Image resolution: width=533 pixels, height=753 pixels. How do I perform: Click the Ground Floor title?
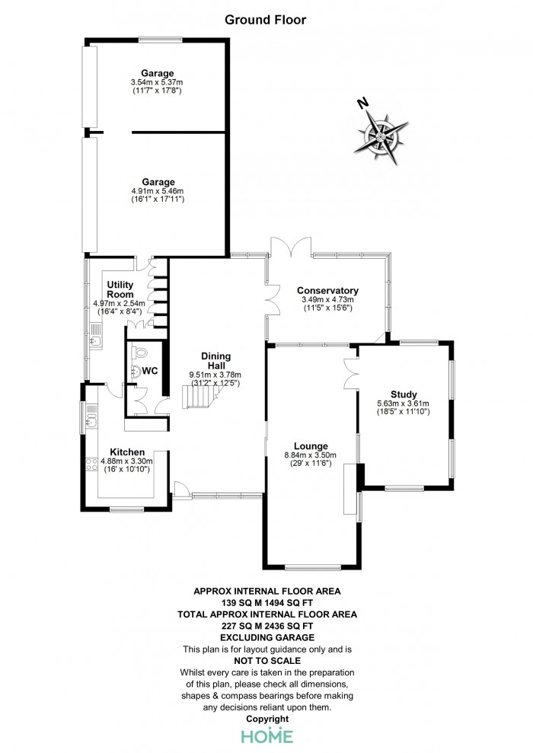click(265, 20)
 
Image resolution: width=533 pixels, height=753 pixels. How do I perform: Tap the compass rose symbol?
click(381, 137)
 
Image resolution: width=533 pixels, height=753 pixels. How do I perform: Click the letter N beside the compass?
click(363, 103)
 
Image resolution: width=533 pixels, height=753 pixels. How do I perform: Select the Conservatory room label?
click(327, 291)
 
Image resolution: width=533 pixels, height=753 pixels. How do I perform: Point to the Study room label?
click(404, 394)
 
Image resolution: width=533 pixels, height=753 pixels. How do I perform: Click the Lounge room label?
click(311, 446)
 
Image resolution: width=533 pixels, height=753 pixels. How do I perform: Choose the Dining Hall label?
click(215, 361)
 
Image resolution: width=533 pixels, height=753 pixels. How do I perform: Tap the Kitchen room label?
click(127, 452)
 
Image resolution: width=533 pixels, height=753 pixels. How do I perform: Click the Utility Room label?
click(120, 289)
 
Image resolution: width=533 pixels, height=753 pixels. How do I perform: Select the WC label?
click(150, 371)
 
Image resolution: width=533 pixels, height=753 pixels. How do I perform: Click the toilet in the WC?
click(139, 353)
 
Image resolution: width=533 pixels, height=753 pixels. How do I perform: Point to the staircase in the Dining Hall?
click(202, 396)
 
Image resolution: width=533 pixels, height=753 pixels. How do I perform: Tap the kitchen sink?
click(91, 421)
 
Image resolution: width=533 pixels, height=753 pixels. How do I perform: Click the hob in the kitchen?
click(91, 464)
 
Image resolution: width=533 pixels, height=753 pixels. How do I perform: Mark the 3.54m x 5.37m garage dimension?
click(157, 82)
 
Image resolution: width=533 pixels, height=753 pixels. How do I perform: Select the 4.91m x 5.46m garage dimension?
click(158, 191)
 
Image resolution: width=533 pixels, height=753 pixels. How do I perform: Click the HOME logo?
click(267, 735)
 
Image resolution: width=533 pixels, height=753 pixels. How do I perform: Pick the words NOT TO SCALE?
click(267, 661)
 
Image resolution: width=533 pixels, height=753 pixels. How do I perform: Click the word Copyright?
click(267, 719)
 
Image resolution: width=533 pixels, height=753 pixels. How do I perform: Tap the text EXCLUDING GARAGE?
click(267, 638)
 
